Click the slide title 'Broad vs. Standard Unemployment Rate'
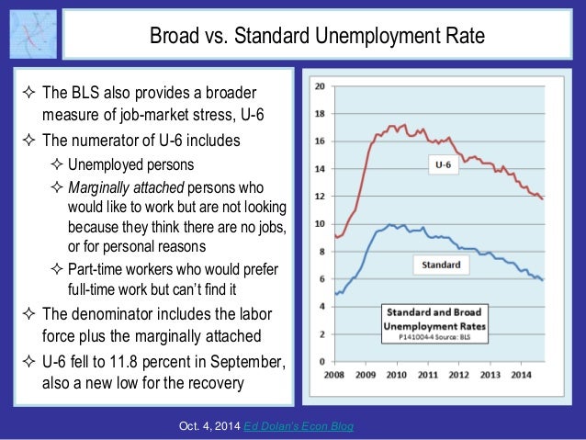[317, 38]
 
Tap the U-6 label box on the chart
[443, 164]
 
